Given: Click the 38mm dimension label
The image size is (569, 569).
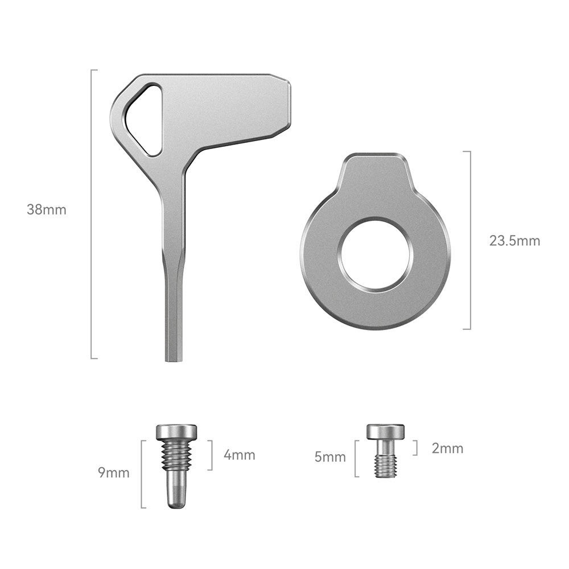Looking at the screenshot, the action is (x=47, y=210).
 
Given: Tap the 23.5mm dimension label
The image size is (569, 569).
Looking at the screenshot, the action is (x=514, y=241).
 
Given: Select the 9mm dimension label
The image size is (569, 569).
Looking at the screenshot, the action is (x=114, y=473).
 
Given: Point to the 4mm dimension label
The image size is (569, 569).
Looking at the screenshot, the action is (x=239, y=455).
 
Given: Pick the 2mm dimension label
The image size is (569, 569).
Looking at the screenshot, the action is (x=447, y=448).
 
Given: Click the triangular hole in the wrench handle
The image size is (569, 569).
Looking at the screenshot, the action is (x=144, y=120).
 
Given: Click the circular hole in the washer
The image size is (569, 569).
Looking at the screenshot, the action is (x=375, y=254).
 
